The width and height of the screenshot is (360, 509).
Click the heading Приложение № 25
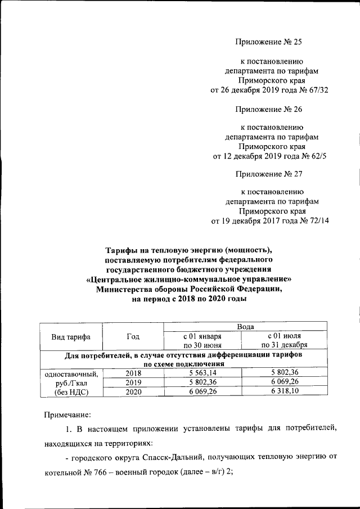pyautogui.click(x=272, y=42)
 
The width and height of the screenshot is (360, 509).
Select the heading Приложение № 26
pyautogui.click(x=272, y=110)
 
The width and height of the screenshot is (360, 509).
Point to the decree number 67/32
pyautogui.click(x=317, y=89)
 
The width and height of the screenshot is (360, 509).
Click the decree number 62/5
pyautogui.click(x=318, y=157)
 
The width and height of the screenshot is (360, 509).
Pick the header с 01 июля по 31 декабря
pyautogui.click(x=284, y=341)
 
